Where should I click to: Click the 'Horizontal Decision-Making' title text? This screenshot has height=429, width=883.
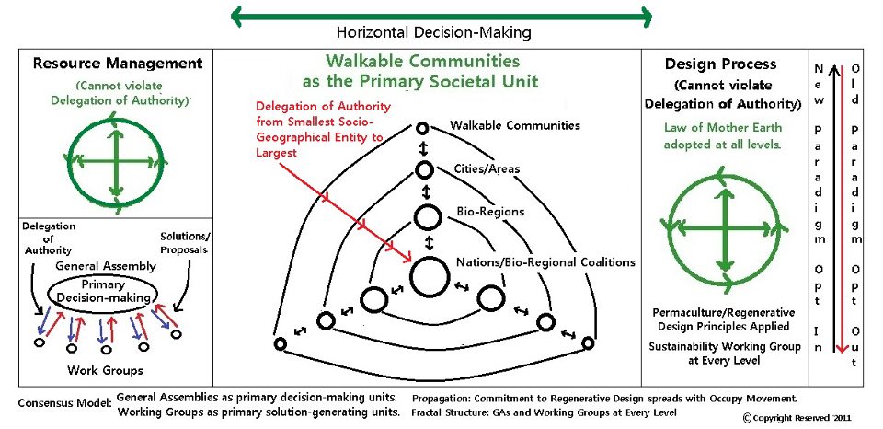(x=433, y=33)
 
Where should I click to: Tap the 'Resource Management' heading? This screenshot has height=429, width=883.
(x=117, y=63)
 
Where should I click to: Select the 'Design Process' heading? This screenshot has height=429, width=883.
(x=720, y=64)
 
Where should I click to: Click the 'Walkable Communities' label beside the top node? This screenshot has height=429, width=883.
(x=515, y=125)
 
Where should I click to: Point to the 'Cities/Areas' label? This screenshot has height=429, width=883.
(x=487, y=168)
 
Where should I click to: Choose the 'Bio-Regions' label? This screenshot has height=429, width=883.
(x=490, y=212)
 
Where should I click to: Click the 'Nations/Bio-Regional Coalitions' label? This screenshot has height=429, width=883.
(x=545, y=262)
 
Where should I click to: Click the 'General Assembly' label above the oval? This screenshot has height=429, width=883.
(x=105, y=265)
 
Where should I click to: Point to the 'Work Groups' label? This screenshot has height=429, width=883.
(x=105, y=370)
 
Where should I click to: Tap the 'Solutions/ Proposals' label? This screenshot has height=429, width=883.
(x=185, y=243)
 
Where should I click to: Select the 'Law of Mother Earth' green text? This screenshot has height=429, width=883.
(x=723, y=127)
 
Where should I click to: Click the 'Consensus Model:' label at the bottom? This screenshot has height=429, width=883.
(x=64, y=403)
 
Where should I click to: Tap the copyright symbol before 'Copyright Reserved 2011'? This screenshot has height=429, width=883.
(x=747, y=418)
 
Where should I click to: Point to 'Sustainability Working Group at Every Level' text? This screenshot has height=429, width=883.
(x=724, y=354)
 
